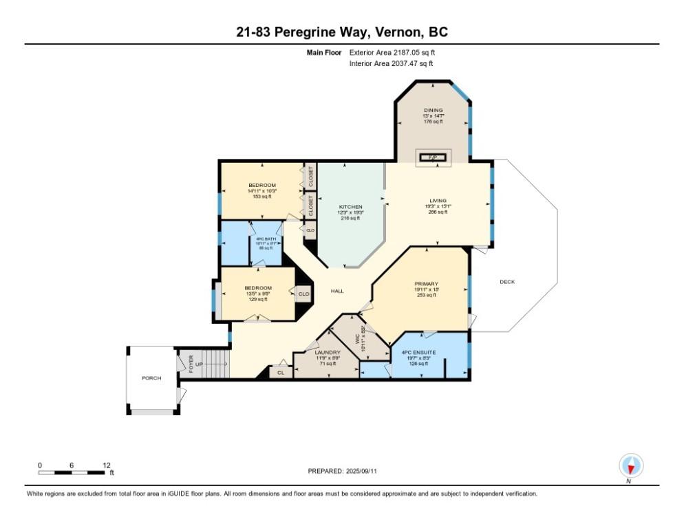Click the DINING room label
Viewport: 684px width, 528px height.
tap(433, 109)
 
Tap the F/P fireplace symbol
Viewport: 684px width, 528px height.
tap(433, 158)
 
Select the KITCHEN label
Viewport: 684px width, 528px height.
tap(350, 207)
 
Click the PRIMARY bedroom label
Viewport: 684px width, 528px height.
tap(427, 284)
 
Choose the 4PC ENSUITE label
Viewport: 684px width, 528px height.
tap(414, 353)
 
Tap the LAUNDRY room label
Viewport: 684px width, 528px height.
tap(328, 353)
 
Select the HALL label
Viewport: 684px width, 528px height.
tap(337, 291)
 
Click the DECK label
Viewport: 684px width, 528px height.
tap(507, 282)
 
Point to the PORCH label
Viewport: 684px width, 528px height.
tap(151, 378)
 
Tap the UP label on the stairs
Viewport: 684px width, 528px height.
tap(199, 364)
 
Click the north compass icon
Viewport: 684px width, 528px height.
tap(630, 467)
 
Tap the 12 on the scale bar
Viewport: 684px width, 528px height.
tap(106, 465)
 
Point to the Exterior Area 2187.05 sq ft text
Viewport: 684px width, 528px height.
tap(392, 52)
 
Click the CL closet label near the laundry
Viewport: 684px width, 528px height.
tap(280, 373)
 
